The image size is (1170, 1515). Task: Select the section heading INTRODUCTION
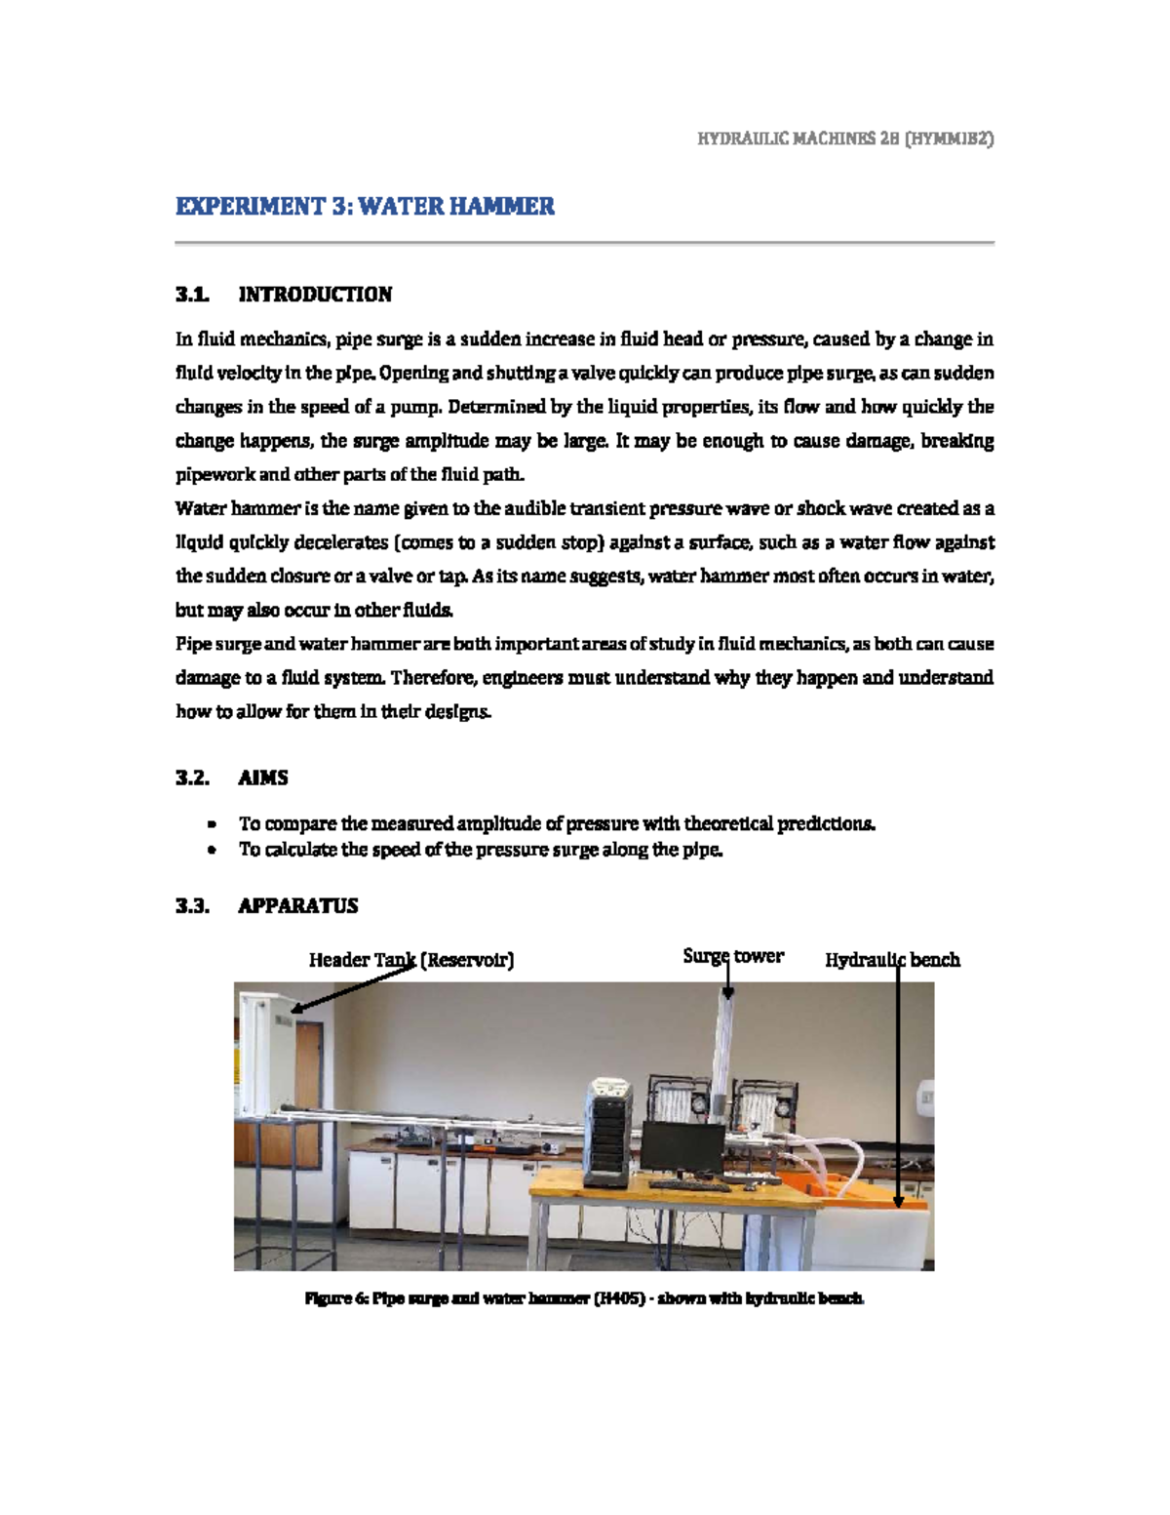315,295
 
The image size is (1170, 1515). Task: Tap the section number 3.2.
192,777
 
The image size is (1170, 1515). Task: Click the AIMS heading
262,777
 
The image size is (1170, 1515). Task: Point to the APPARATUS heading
297,905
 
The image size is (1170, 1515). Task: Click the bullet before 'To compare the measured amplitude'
211,824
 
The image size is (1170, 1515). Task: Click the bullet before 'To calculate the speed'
211,851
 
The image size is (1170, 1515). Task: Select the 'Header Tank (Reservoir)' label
410,960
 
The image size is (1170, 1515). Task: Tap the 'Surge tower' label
732,956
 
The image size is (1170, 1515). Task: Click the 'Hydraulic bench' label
892,960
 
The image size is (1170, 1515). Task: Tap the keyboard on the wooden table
689,1186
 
